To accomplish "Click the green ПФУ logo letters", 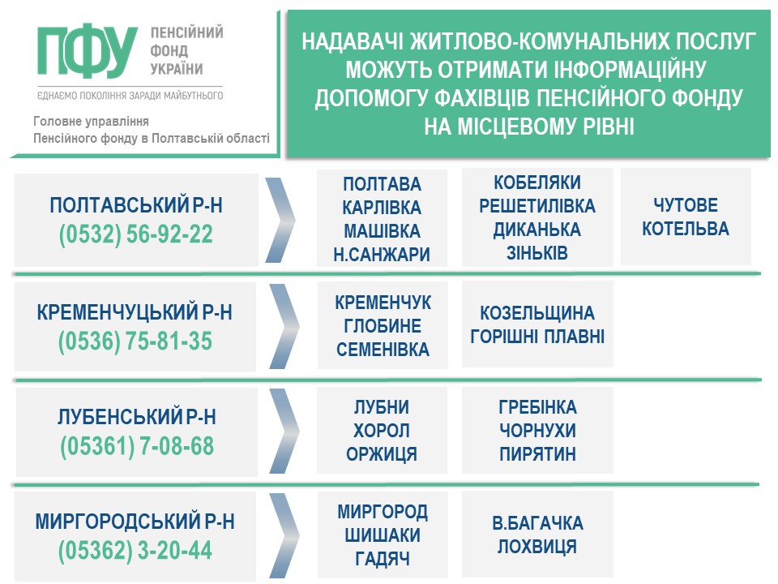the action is pos(87,50).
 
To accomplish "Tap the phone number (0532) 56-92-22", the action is pos(136,234).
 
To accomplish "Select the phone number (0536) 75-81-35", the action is pos(135,341).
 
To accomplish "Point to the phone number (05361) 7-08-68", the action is pos(137,446).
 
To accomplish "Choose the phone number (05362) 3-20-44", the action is pos(135,551).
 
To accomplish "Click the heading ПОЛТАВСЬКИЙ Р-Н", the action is pos(136,205).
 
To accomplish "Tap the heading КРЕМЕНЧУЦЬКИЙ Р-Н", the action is pos(135,312).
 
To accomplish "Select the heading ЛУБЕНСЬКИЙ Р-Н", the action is pos(137,417).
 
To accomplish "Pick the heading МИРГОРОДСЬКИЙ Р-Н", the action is pos(135,522).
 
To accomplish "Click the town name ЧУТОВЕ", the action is pos(686,204).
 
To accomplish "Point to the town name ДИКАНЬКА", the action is pos(536,230).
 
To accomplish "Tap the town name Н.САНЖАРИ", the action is pos(382,255).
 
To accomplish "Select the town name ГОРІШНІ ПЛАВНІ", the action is pos(537,337).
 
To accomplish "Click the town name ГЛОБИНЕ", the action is pos(383,326).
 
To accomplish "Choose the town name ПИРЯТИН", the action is pos(537,454).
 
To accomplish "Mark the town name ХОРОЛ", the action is pos(382,431).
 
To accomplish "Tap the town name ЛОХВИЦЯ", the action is pos(537,546).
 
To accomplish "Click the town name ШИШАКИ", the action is pos(383,535).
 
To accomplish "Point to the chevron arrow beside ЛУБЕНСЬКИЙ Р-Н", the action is pos(284,431).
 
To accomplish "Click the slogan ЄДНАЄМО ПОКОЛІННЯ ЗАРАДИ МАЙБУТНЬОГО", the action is pos(130,96).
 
